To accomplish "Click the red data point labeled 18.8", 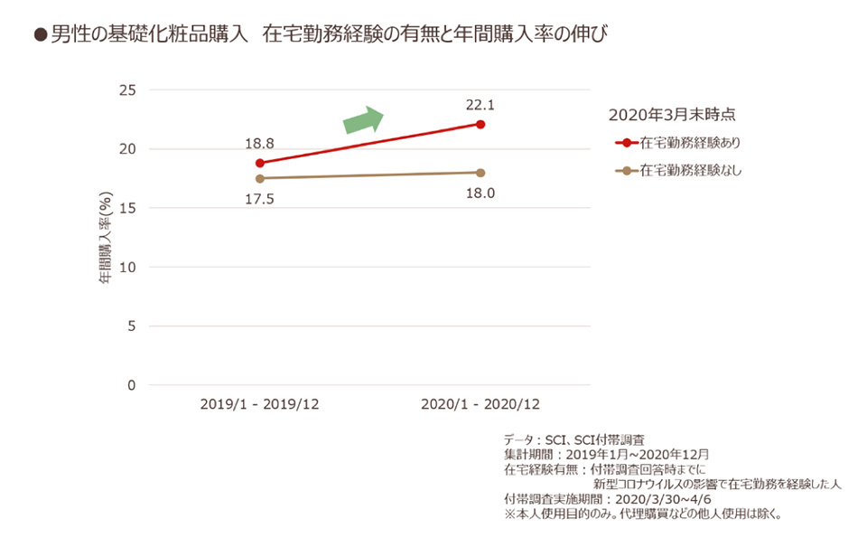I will (260, 163).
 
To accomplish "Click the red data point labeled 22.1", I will (480, 124).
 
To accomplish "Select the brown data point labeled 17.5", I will (260, 178).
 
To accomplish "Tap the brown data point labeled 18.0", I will (480, 173).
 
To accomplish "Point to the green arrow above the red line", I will (364, 120).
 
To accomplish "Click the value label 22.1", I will (480, 105).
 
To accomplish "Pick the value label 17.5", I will (259, 199).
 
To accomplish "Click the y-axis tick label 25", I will (126, 90).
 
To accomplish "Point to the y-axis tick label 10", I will (126, 268).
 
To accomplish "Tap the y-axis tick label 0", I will (130, 385).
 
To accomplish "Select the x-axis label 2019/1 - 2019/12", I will (259, 404).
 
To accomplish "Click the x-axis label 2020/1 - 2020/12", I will (480, 404).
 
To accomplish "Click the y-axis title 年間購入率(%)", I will (105, 238).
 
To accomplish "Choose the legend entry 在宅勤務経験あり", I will (691, 143).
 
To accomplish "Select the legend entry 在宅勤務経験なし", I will (691, 170).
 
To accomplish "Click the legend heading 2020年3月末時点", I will (671, 115).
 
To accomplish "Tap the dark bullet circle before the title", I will (39, 35).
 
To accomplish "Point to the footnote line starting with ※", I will (641, 514).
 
